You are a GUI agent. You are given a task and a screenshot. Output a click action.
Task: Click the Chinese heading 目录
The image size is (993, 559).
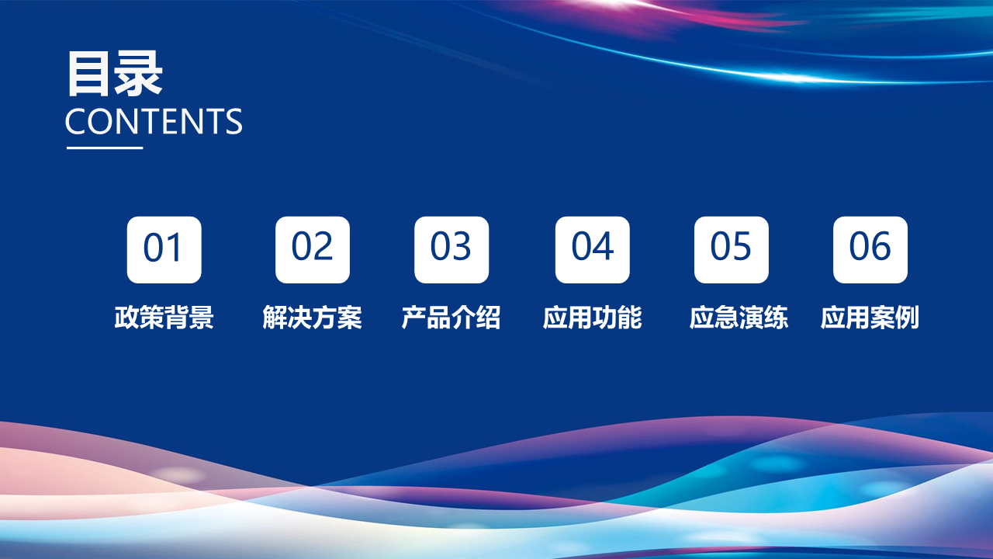[x=115, y=74]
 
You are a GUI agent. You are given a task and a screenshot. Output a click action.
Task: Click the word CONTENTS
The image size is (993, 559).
[x=154, y=122]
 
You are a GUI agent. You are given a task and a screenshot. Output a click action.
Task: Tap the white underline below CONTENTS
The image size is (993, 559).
[x=105, y=148]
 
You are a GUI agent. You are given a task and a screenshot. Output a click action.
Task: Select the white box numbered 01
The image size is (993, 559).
[x=164, y=250]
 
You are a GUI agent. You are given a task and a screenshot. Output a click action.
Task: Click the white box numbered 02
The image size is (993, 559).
[x=313, y=250]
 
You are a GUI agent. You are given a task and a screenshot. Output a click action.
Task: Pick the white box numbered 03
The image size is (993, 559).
[x=452, y=250]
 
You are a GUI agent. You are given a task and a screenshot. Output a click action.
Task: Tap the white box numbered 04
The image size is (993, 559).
[x=592, y=250]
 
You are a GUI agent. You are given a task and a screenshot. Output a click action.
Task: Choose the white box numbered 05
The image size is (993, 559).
[x=732, y=250]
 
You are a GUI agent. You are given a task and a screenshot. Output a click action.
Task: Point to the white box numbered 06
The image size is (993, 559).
[x=870, y=250]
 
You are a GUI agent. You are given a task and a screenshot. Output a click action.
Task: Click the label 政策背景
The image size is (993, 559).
[x=164, y=318]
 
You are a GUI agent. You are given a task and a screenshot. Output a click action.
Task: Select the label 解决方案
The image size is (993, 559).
[x=312, y=318]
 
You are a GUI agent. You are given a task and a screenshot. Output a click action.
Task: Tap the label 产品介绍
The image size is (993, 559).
[x=452, y=318]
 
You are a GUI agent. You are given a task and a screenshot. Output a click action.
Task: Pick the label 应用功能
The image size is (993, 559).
[x=592, y=318]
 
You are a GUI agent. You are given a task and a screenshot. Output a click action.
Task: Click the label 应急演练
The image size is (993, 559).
[x=739, y=318]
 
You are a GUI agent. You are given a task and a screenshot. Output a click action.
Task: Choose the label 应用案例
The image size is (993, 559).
[x=870, y=318]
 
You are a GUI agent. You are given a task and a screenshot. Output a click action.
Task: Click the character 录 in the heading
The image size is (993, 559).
[x=139, y=74]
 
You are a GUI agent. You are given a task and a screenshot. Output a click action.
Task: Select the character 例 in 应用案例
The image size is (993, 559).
[x=908, y=318]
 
